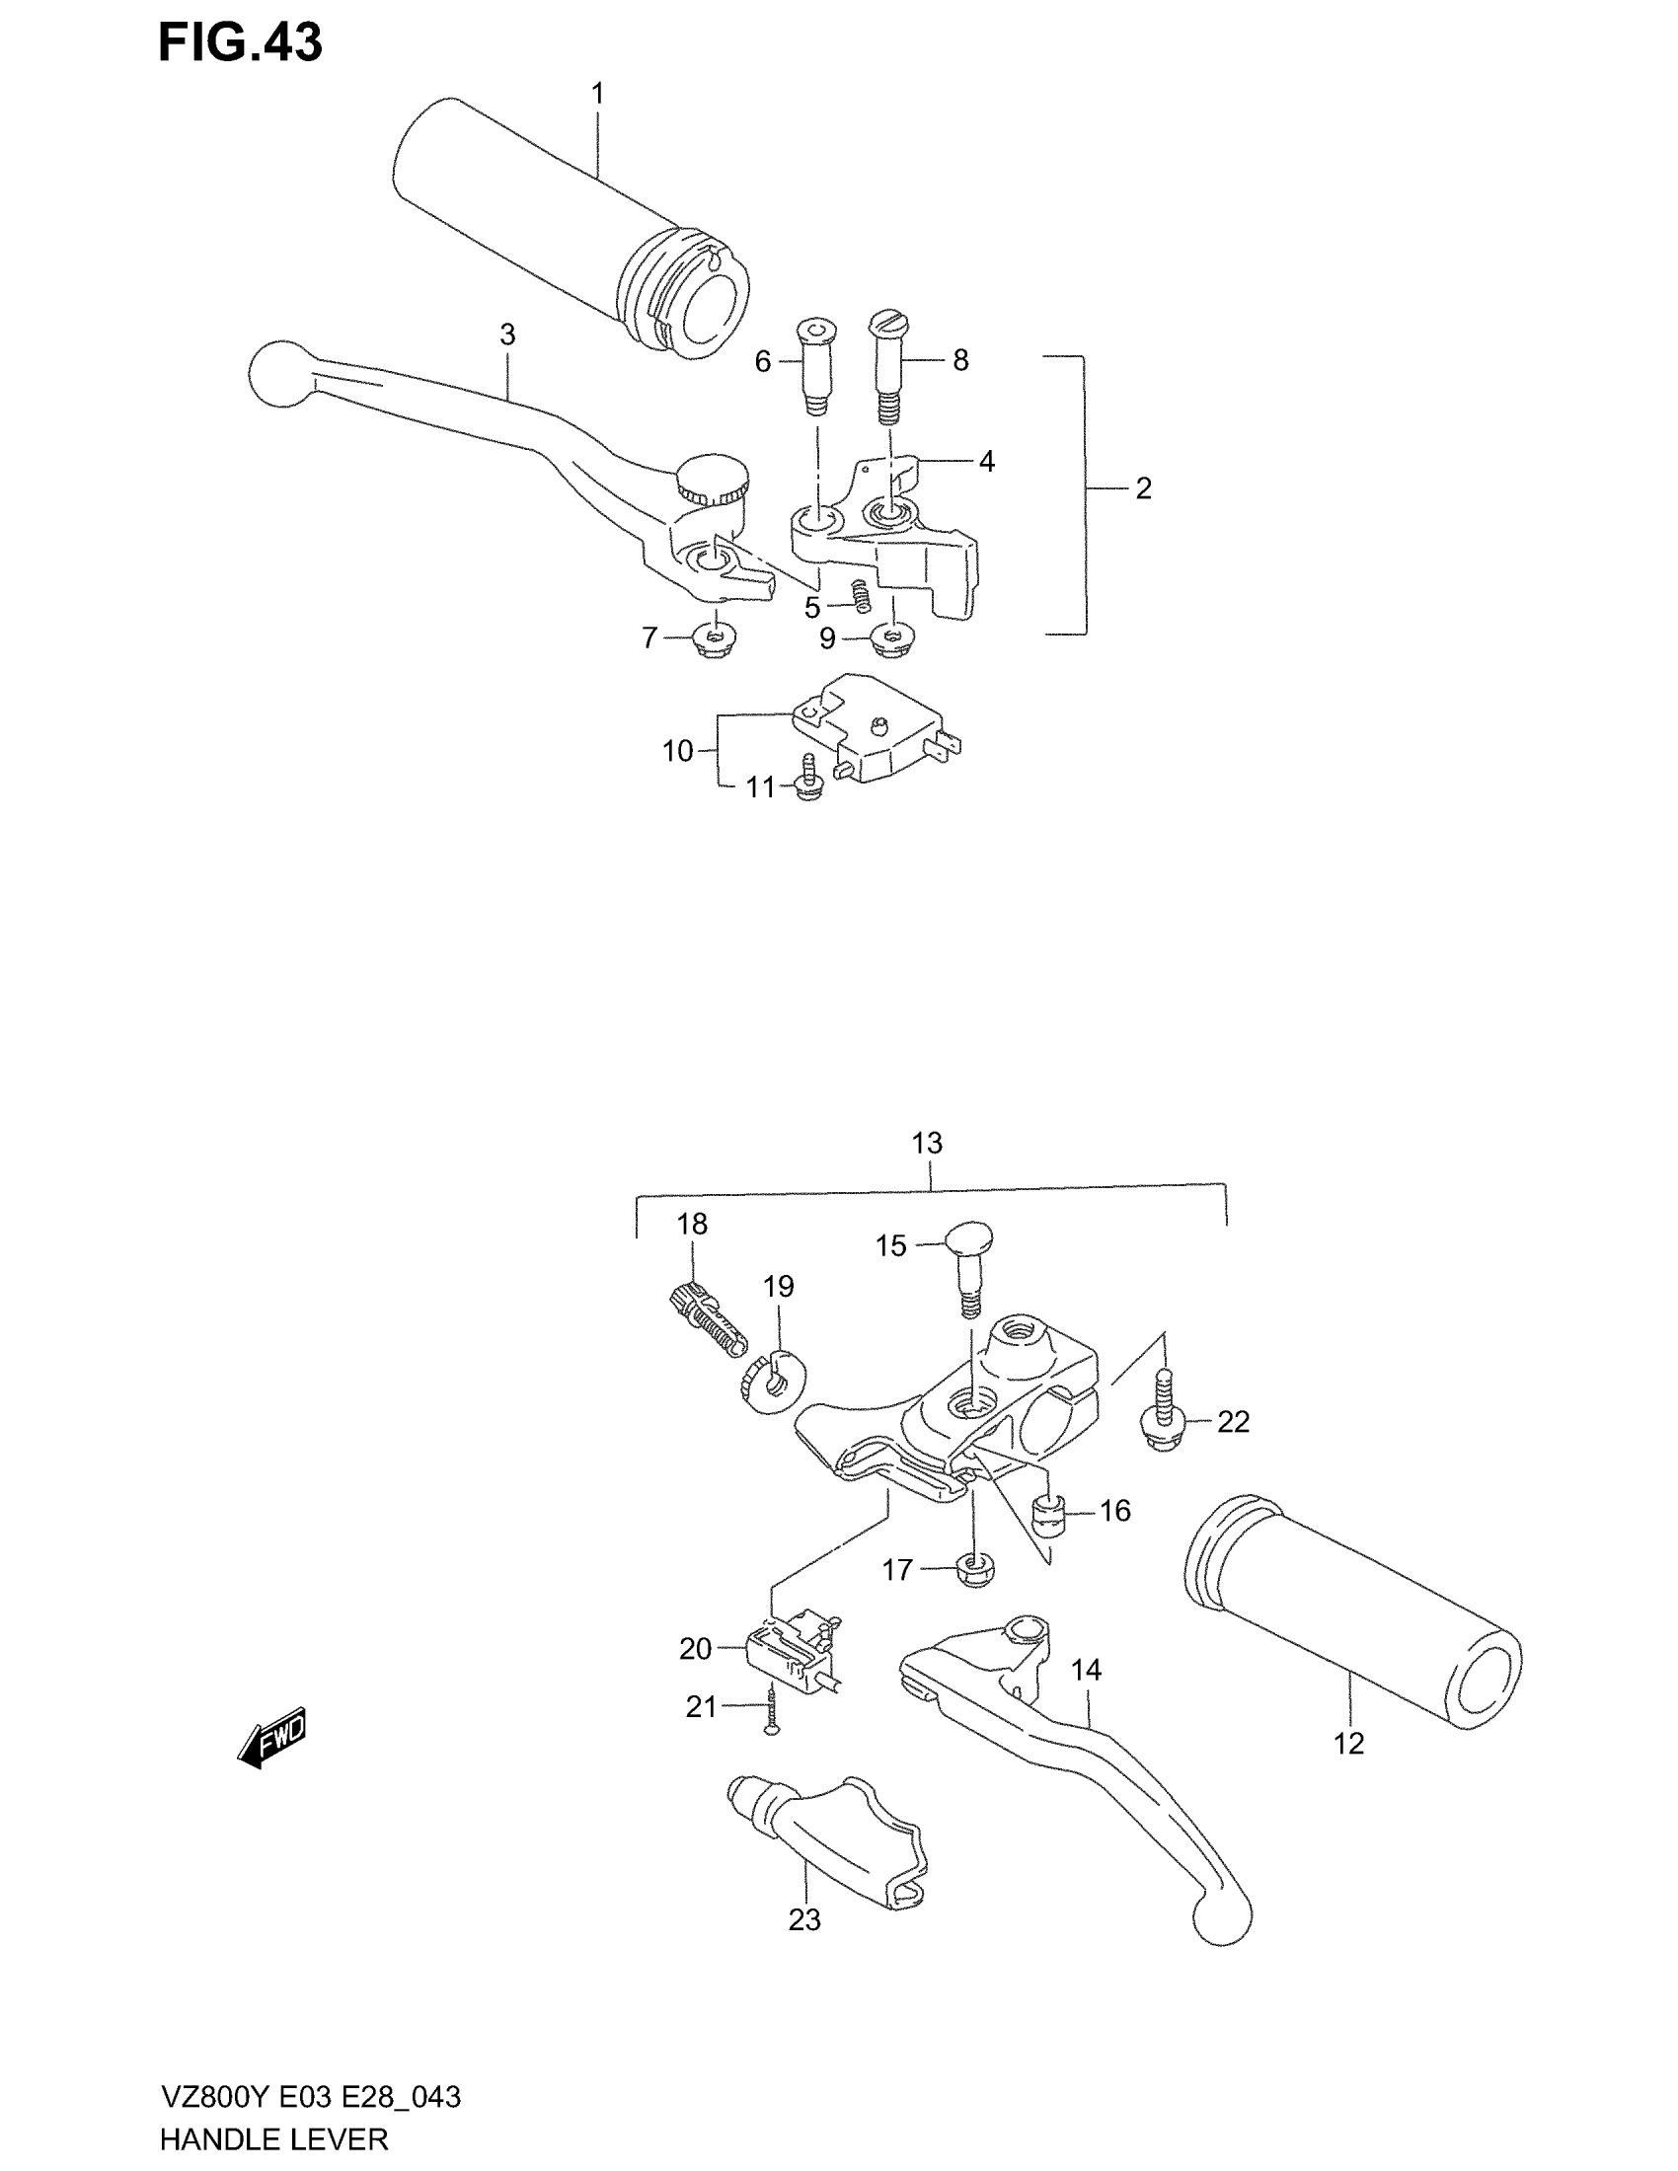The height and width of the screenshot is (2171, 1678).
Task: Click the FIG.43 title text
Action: click(241, 43)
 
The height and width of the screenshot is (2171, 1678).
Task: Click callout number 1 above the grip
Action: click(597, 95)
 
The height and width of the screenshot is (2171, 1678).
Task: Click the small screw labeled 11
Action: click(809, 780)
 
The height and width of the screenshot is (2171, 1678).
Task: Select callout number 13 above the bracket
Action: click(927, 1143)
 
